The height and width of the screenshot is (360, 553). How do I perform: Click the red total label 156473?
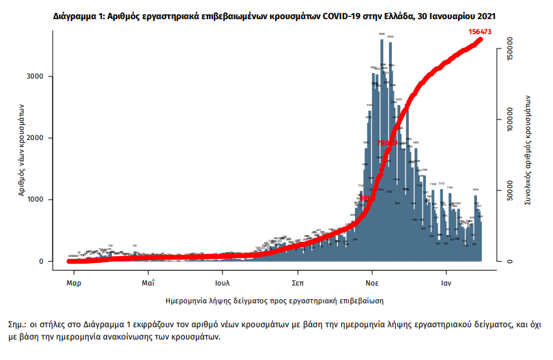[482, 31]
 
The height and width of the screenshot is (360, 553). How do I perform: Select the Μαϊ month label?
[148, 282]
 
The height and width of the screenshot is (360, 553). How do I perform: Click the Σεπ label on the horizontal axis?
[298, 282]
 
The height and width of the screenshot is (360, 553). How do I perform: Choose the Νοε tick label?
[372, 282]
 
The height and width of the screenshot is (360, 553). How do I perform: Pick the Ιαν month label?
[447, 282]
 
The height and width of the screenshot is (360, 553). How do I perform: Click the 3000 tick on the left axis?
[36, 77]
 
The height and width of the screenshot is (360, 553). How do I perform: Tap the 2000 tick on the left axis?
[36, 138]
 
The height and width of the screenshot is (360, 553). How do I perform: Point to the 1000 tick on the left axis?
[36, 199]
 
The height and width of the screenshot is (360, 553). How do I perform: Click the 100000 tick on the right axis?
[508, 120]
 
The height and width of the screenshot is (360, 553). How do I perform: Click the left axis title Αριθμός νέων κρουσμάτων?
[22, 150]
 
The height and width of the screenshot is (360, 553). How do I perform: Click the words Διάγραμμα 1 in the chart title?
[81, 15]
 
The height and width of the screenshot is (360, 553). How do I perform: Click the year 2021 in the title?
[485, 15]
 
